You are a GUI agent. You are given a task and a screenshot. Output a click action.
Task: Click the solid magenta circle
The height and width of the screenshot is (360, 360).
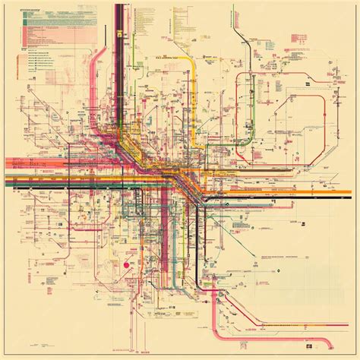[x=127, y=264]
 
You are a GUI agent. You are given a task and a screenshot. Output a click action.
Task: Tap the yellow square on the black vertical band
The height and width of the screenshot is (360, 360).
[x=120, y=32]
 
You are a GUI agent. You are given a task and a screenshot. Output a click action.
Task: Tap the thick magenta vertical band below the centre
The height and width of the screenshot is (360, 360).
[x=164, y=228]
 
